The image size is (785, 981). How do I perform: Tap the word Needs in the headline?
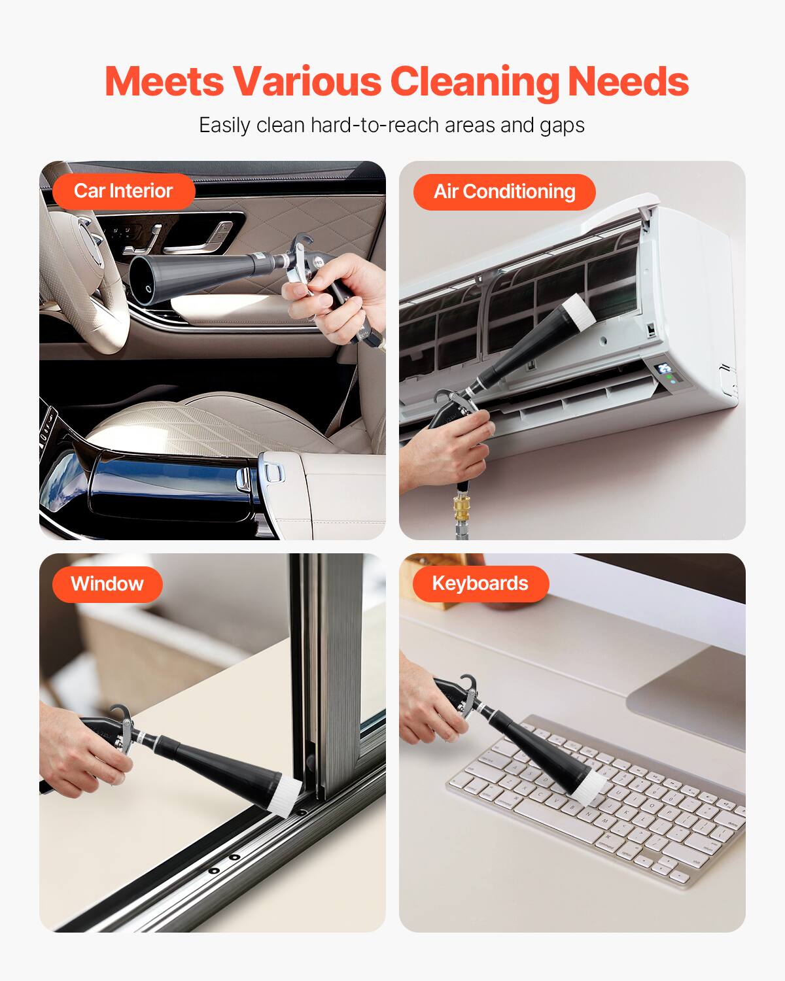(x=628, y=82)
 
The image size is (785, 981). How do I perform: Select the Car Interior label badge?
(x=123, y=191)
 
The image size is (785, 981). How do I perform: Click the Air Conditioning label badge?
(x=504, y=192)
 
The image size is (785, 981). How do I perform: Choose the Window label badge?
(x=107, y=583)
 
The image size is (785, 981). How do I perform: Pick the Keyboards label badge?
(x=480, y=583)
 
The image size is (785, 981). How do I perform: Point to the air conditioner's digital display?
(x=665, y=370)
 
